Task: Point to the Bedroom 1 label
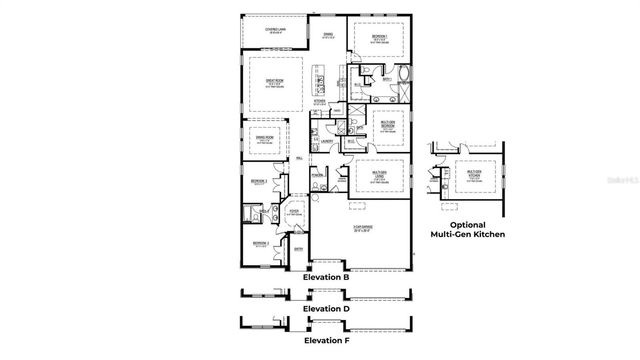(379, 38)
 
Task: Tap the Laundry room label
(327, 142)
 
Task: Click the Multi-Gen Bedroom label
(379, 124)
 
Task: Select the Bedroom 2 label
(260, 244)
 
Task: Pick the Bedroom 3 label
(259, 181)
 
